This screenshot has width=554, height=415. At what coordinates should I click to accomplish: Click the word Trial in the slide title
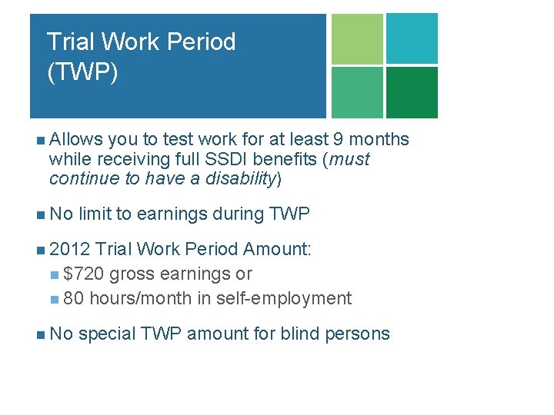(x=67, y=41)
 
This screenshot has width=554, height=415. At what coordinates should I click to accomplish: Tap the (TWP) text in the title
(x=82, y=72)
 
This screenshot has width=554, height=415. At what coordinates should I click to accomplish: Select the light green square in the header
(x=357, y=38)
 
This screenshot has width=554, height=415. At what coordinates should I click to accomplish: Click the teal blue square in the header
(x=412, y=38)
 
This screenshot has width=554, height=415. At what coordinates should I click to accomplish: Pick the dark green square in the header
(x=412, y=92)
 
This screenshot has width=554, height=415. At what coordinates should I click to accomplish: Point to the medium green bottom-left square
(x=357, y=92)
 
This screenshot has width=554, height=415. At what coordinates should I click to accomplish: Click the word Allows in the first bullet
(x=75, y=139)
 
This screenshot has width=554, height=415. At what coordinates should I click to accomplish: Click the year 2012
(x=70, y=249)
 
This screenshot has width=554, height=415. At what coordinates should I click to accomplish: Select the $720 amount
(x=85, y=274)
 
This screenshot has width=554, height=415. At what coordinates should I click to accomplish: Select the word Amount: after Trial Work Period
(x=277, y=249)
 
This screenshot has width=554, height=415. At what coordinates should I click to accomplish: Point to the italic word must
(x=349, y=159)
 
